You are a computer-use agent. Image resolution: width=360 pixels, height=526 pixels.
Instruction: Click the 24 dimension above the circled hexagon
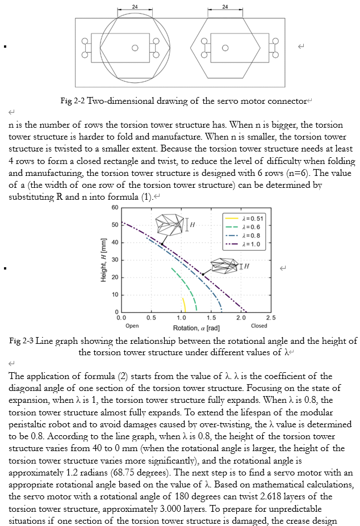[x=135, y=6]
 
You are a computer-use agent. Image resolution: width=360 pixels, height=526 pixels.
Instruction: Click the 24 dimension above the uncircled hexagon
[x=225, y=6]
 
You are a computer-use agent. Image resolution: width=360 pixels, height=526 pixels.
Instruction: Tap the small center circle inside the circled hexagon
[x=135, y=48]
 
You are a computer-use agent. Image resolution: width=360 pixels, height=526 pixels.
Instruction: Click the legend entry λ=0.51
[x=253, y=218]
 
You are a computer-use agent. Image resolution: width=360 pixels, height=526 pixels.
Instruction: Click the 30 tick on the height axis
[x=115, y=260]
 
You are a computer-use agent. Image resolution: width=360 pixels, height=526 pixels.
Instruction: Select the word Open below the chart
[x=132, y=326]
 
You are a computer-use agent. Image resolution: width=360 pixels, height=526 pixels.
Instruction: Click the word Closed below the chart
[x=258, y=326]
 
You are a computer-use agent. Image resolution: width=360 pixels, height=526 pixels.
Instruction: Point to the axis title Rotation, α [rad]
[x=196, y=328]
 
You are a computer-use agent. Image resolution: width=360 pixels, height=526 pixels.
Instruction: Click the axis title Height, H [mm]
[x=103, y=260]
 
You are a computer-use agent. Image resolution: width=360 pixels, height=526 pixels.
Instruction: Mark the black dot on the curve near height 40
[x=162, y=245]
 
